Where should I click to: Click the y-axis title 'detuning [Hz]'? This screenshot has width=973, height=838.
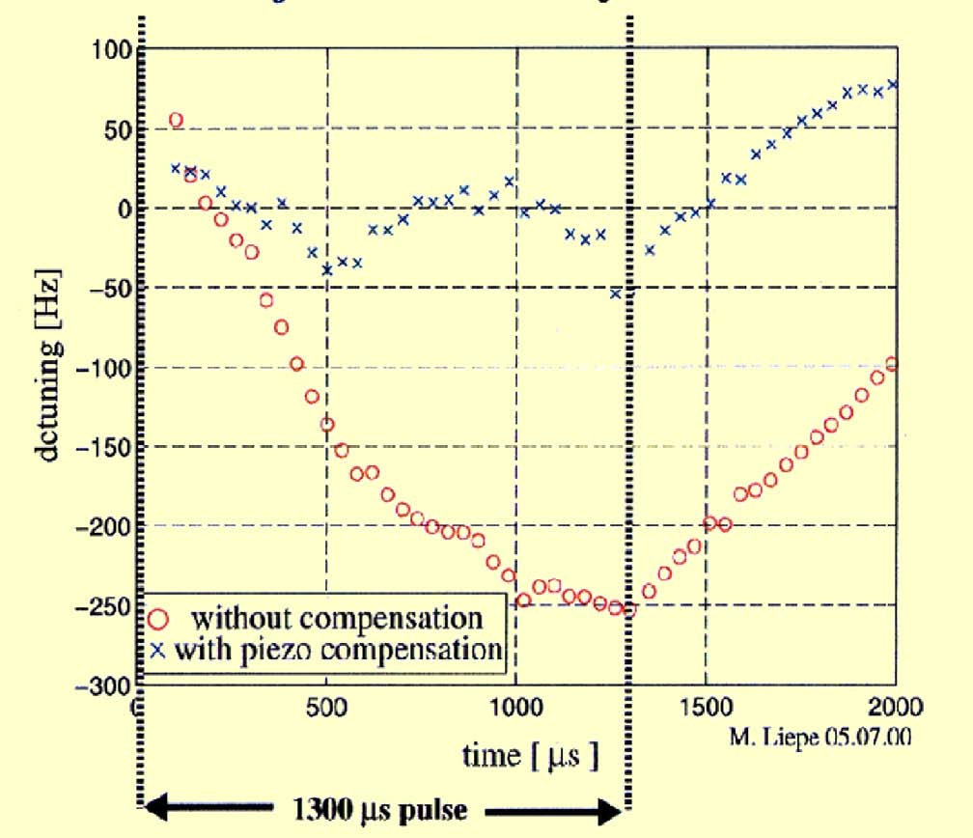pos(51,367)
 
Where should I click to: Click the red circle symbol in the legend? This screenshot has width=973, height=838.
pos(159,618)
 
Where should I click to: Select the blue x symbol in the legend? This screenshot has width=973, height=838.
pos(159,650)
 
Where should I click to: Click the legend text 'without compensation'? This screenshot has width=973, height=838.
pos(336,618)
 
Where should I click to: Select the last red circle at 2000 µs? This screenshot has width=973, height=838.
pos(892,364)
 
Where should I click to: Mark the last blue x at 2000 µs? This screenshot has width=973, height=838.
pos(893,84)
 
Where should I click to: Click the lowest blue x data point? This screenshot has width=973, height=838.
pos(615,293)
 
